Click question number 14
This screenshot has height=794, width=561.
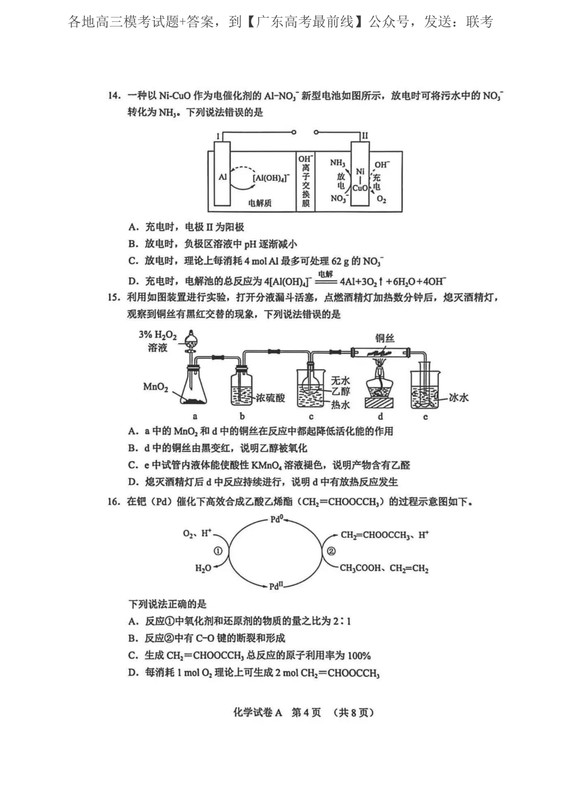click(114, 96)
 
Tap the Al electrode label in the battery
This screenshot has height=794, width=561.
click(223, 177)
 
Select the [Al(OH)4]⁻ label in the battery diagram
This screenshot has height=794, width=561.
click(270, 178)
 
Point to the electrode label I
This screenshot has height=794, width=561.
click(218, 136)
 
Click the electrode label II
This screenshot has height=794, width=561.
click(365, 136)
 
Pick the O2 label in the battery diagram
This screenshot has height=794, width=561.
click(381, 199)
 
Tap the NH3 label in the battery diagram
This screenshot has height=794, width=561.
click(338, 163)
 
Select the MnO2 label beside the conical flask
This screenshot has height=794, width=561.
click(155, 387)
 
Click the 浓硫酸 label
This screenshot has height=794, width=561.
click(270, 398)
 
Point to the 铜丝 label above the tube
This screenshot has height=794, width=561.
click(385, 339)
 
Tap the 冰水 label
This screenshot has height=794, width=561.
click(459, 398)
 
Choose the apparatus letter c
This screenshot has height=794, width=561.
click(311, 416)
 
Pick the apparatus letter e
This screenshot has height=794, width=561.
click(425, 416)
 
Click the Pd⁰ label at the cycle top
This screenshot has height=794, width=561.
click(277, 519)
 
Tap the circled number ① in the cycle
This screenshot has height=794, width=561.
click(218, 551)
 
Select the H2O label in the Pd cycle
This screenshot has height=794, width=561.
click(203, 568)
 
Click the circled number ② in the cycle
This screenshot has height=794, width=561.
click(331, 551)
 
